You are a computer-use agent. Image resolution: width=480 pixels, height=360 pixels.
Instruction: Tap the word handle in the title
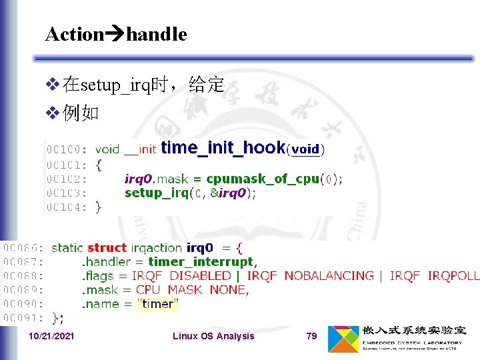pyautogui.click(x=156, y=34)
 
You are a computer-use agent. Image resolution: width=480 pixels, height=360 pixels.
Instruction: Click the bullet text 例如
pyautogui.click(x=81, y=113)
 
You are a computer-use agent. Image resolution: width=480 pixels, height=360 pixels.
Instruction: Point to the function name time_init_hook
pyautogui.click(x=223, y=147)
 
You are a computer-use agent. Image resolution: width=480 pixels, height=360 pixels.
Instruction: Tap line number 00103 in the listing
pyautogui.click(x=66, y=193)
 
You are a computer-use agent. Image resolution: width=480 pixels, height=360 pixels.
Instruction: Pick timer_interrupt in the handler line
pyautogui.click(x=201, y=261)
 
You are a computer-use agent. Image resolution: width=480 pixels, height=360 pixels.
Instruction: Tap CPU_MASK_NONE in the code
pyautogui.click(x=191, y=290)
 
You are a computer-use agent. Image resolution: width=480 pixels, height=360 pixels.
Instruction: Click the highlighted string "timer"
pyautogui.click(x=158, y=304)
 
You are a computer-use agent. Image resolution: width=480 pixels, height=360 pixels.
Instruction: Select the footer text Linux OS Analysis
pyautogui.click(x=213, y=336)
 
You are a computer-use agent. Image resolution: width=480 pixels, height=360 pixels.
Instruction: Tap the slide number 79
pyautogui.click(x=311, y=336)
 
